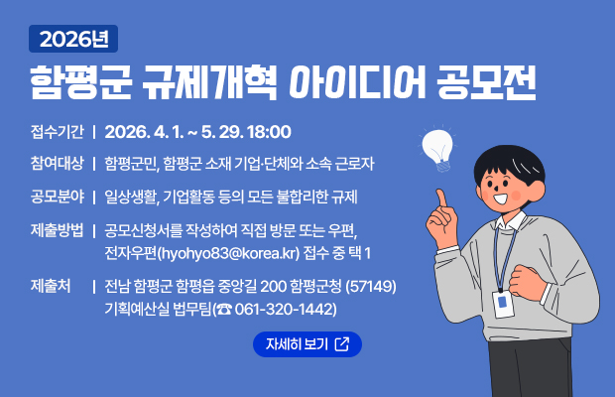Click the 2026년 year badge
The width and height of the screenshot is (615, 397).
coord(74,39)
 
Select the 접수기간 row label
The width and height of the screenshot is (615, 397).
coord(57,131)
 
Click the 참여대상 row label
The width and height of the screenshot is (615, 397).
coord(57,163)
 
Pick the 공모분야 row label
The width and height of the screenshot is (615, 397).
coord(57,195)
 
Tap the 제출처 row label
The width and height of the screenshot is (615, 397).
coord(51,286)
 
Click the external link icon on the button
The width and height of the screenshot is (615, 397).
coord(342,344)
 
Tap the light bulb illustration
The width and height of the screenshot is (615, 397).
coord(436,146)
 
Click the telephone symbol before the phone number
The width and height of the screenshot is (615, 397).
coord(223,310)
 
